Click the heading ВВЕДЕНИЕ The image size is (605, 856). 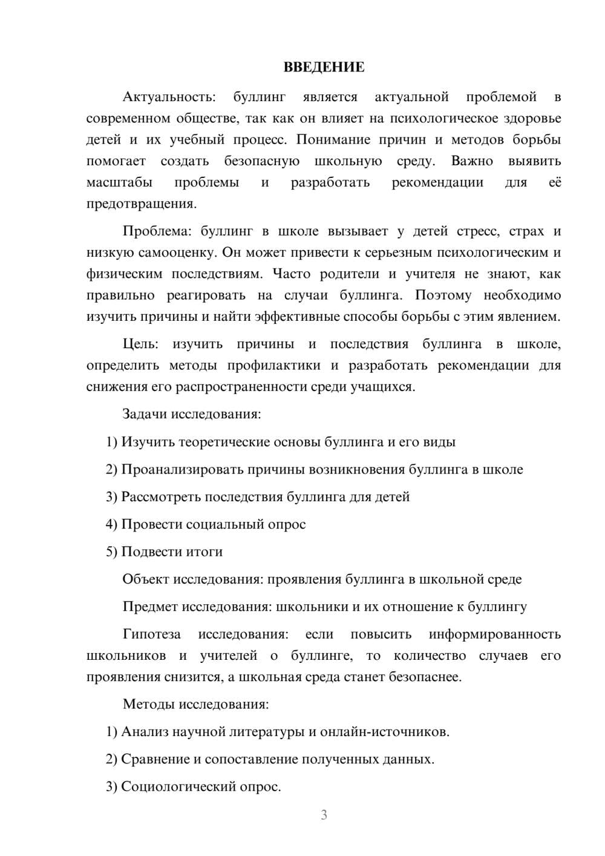[x=324, y=67]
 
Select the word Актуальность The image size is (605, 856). [x=169, y=97]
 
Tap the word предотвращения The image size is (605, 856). [x=141, y=203]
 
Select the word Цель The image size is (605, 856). [x=140, y=344]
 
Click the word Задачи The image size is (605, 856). [x=145, y=415]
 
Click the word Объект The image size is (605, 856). [x=146, y=579]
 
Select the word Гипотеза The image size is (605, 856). [x=151, y=634]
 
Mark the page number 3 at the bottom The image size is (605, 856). [x=324, y=815]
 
